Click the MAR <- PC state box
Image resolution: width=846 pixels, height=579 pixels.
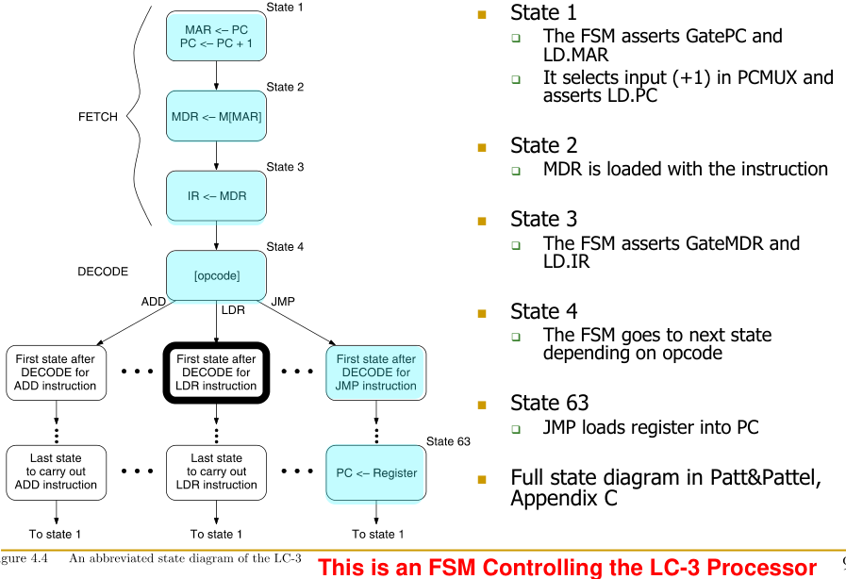tap(216, 37)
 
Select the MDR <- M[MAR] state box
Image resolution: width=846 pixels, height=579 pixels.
tap(216, 117)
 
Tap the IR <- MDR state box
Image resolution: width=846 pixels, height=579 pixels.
tap(216, 196)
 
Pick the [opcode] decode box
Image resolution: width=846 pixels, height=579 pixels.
tap(216, 275)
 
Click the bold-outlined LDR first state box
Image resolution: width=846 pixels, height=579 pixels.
tap(216, 372)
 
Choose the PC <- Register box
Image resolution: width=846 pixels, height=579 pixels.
tap(375, 472)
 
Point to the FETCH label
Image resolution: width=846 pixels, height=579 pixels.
tap(98, 117)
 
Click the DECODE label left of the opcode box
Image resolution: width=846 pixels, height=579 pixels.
tap(103, 272)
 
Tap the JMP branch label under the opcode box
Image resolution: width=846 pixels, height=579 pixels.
tap(283, 302)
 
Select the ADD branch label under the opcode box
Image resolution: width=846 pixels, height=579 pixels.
tap(154, 302)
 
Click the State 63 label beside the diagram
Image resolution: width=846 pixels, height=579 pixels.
tap(448, 440)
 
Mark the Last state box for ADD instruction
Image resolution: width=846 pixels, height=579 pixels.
tap(56, 471)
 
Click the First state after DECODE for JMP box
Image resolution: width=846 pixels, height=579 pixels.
tap(375, 372)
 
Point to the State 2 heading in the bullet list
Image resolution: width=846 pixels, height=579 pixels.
tap(543, 145)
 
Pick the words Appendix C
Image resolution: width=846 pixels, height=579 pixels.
tap(564, 498)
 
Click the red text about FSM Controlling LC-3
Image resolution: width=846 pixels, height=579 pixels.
tap(567, 568)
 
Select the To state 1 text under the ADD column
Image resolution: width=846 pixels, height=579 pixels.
tap(56, 534)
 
